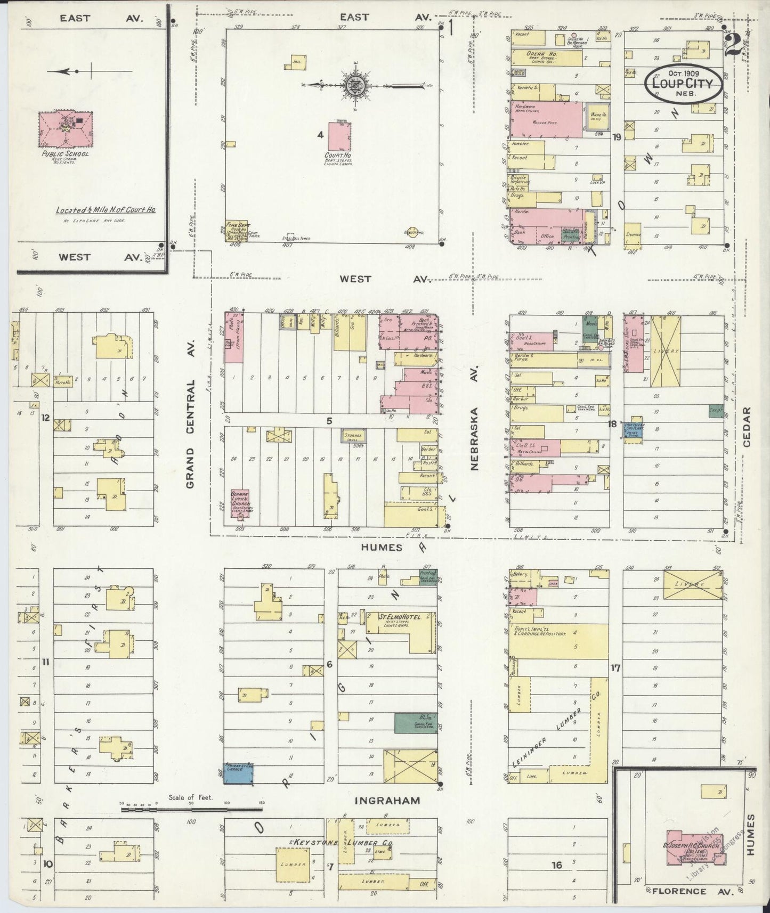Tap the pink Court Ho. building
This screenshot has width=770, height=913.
tap(339, 136)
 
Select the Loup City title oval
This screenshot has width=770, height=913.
tap(683, 83)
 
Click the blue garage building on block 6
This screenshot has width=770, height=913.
tap(238, 773)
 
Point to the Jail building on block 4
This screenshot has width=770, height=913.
tap(296, 62)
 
